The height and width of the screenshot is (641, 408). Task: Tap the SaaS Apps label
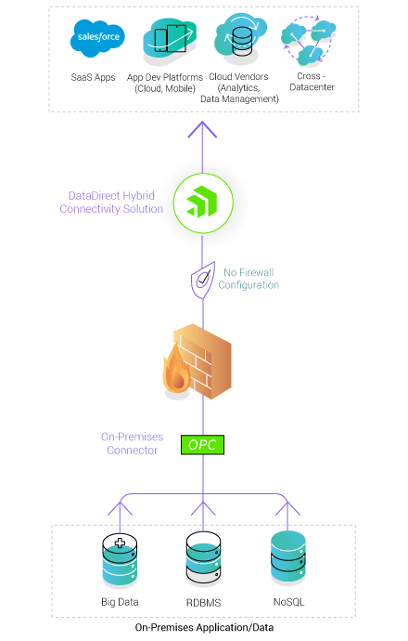coord(93,77)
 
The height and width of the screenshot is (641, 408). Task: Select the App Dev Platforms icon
coord(171,39)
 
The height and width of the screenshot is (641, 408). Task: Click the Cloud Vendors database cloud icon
coord(241,37)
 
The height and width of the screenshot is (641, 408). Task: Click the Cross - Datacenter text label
coord(311,83)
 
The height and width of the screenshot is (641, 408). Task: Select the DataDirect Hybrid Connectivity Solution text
coord(116,202)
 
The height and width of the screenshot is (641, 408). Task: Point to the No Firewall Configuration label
coord(249,279)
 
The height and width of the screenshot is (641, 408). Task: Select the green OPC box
coord(203,445)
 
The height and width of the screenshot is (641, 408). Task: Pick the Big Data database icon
coord(120,559)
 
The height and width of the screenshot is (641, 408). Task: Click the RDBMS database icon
coord(204,559)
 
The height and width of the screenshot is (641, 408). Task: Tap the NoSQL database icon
coord(288,556)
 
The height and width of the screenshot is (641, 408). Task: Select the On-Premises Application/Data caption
coord(204,628)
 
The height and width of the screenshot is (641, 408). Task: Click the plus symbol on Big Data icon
coord(120,542)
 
